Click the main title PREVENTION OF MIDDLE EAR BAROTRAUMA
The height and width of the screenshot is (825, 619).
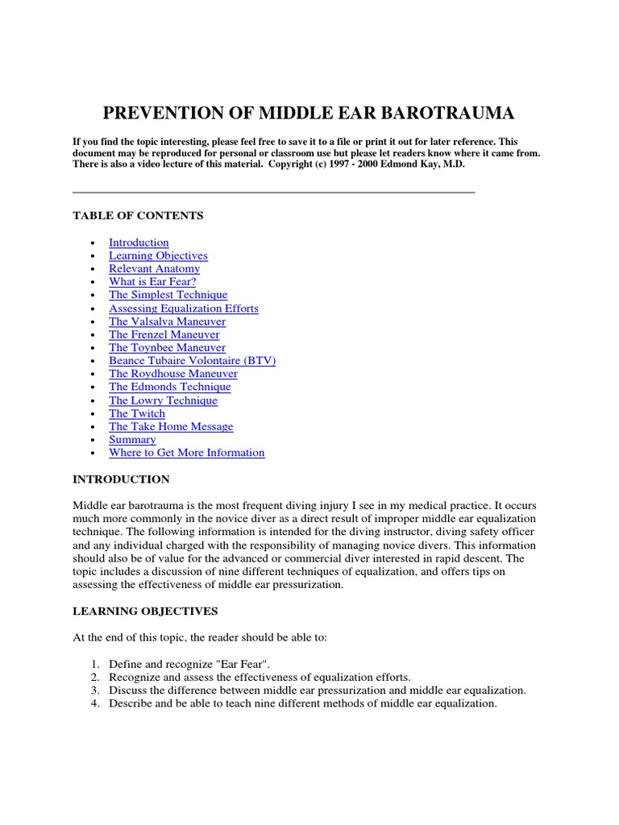coord(309,112)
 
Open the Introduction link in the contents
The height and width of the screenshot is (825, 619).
coord(139,243)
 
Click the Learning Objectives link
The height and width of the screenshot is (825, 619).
coord(158,255)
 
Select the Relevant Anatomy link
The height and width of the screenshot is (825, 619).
coord(154,269)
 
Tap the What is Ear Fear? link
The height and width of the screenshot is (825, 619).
coord(152,282)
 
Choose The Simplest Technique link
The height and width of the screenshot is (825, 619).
coord(168,295)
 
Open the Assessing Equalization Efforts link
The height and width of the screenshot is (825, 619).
coord(184,309)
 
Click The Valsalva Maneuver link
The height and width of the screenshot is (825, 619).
coord(167,321)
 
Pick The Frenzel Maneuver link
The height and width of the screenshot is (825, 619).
coord(164,334)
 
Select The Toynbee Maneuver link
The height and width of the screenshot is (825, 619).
coord(167,347)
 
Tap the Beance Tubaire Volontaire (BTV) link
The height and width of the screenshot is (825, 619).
coord(192,361)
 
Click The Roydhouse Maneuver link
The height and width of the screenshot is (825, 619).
coord(173,374)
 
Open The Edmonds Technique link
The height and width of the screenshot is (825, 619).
coord(169,387)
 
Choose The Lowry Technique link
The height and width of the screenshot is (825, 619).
coord(163,400)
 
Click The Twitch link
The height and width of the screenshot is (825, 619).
coord(137,413)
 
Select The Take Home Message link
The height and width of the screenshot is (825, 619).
coord(171,426)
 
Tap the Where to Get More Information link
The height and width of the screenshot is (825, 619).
coord(186,453)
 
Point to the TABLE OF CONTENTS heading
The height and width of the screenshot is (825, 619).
coord(138,216)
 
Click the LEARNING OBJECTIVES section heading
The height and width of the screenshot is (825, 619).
coord(145,611)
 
